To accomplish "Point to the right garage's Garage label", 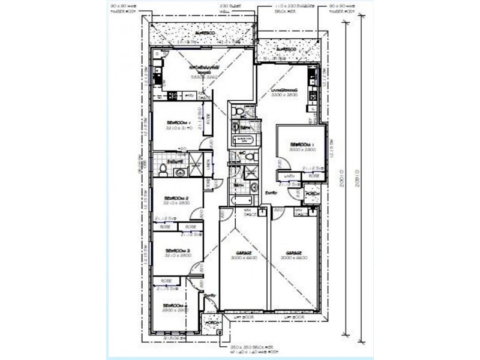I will point(293,253).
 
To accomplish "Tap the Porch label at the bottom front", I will point(210,322).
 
